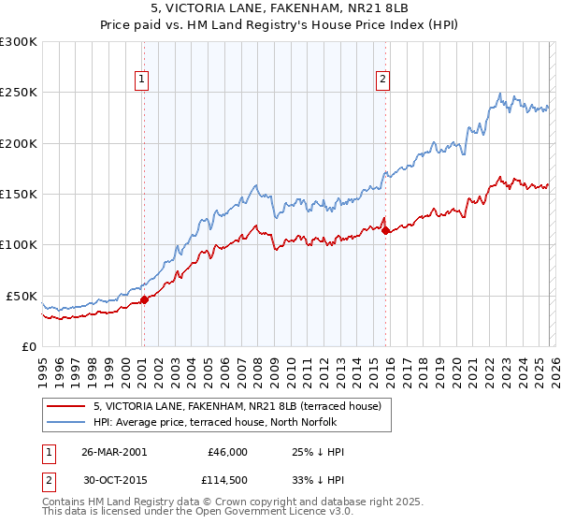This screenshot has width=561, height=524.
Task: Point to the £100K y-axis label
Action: tap(19, 245)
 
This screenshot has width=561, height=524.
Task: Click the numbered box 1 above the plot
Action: tap(142, 80)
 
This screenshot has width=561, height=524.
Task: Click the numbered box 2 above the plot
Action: tap(383, 80)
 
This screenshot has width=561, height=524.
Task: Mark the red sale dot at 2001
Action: tap(144, 299)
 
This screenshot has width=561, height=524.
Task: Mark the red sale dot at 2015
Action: tap(386, 230)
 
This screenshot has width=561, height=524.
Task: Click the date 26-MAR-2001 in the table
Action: tap(115, 452)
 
